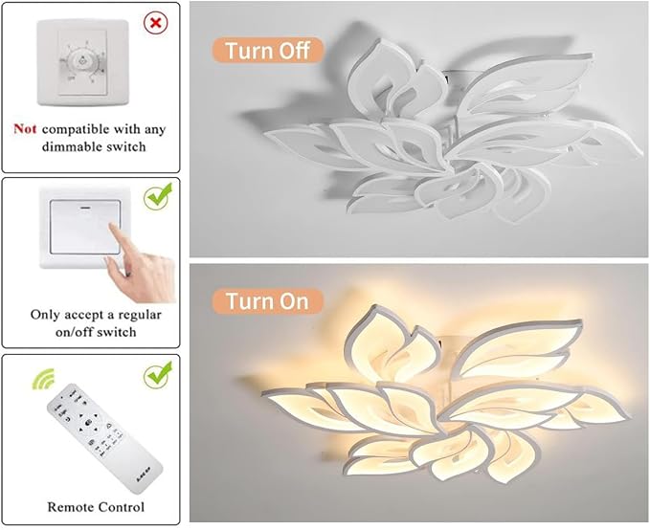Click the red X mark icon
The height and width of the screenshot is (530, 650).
[x=156, y=23]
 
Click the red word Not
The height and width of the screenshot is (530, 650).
[x=25, y=129]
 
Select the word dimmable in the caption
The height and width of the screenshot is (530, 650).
[x=69, y=146]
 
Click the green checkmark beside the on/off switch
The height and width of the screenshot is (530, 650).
[x=158, y=196]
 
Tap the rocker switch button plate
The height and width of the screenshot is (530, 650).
[x=85, y=227]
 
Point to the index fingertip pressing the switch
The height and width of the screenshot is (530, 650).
[x=112, y=227]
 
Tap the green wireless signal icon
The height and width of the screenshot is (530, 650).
[x=43, y=378]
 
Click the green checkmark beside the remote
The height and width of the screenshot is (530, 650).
[x=158, y=375]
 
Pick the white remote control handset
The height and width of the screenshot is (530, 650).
[x=103, y=437]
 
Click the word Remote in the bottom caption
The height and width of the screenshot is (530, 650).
[x=71, y=507]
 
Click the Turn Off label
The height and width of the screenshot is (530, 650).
[x=267, y=50]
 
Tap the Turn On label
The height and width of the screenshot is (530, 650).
[x=267, y=301]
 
